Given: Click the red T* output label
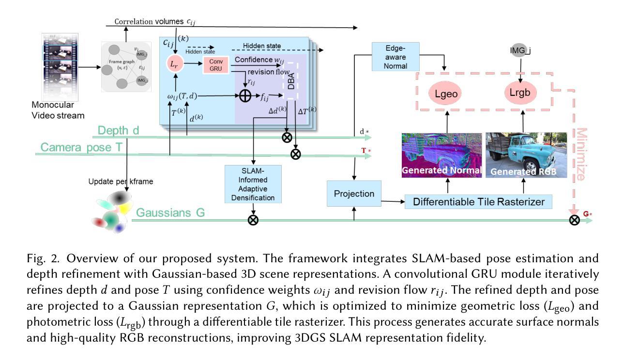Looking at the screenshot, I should pos(366,150).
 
